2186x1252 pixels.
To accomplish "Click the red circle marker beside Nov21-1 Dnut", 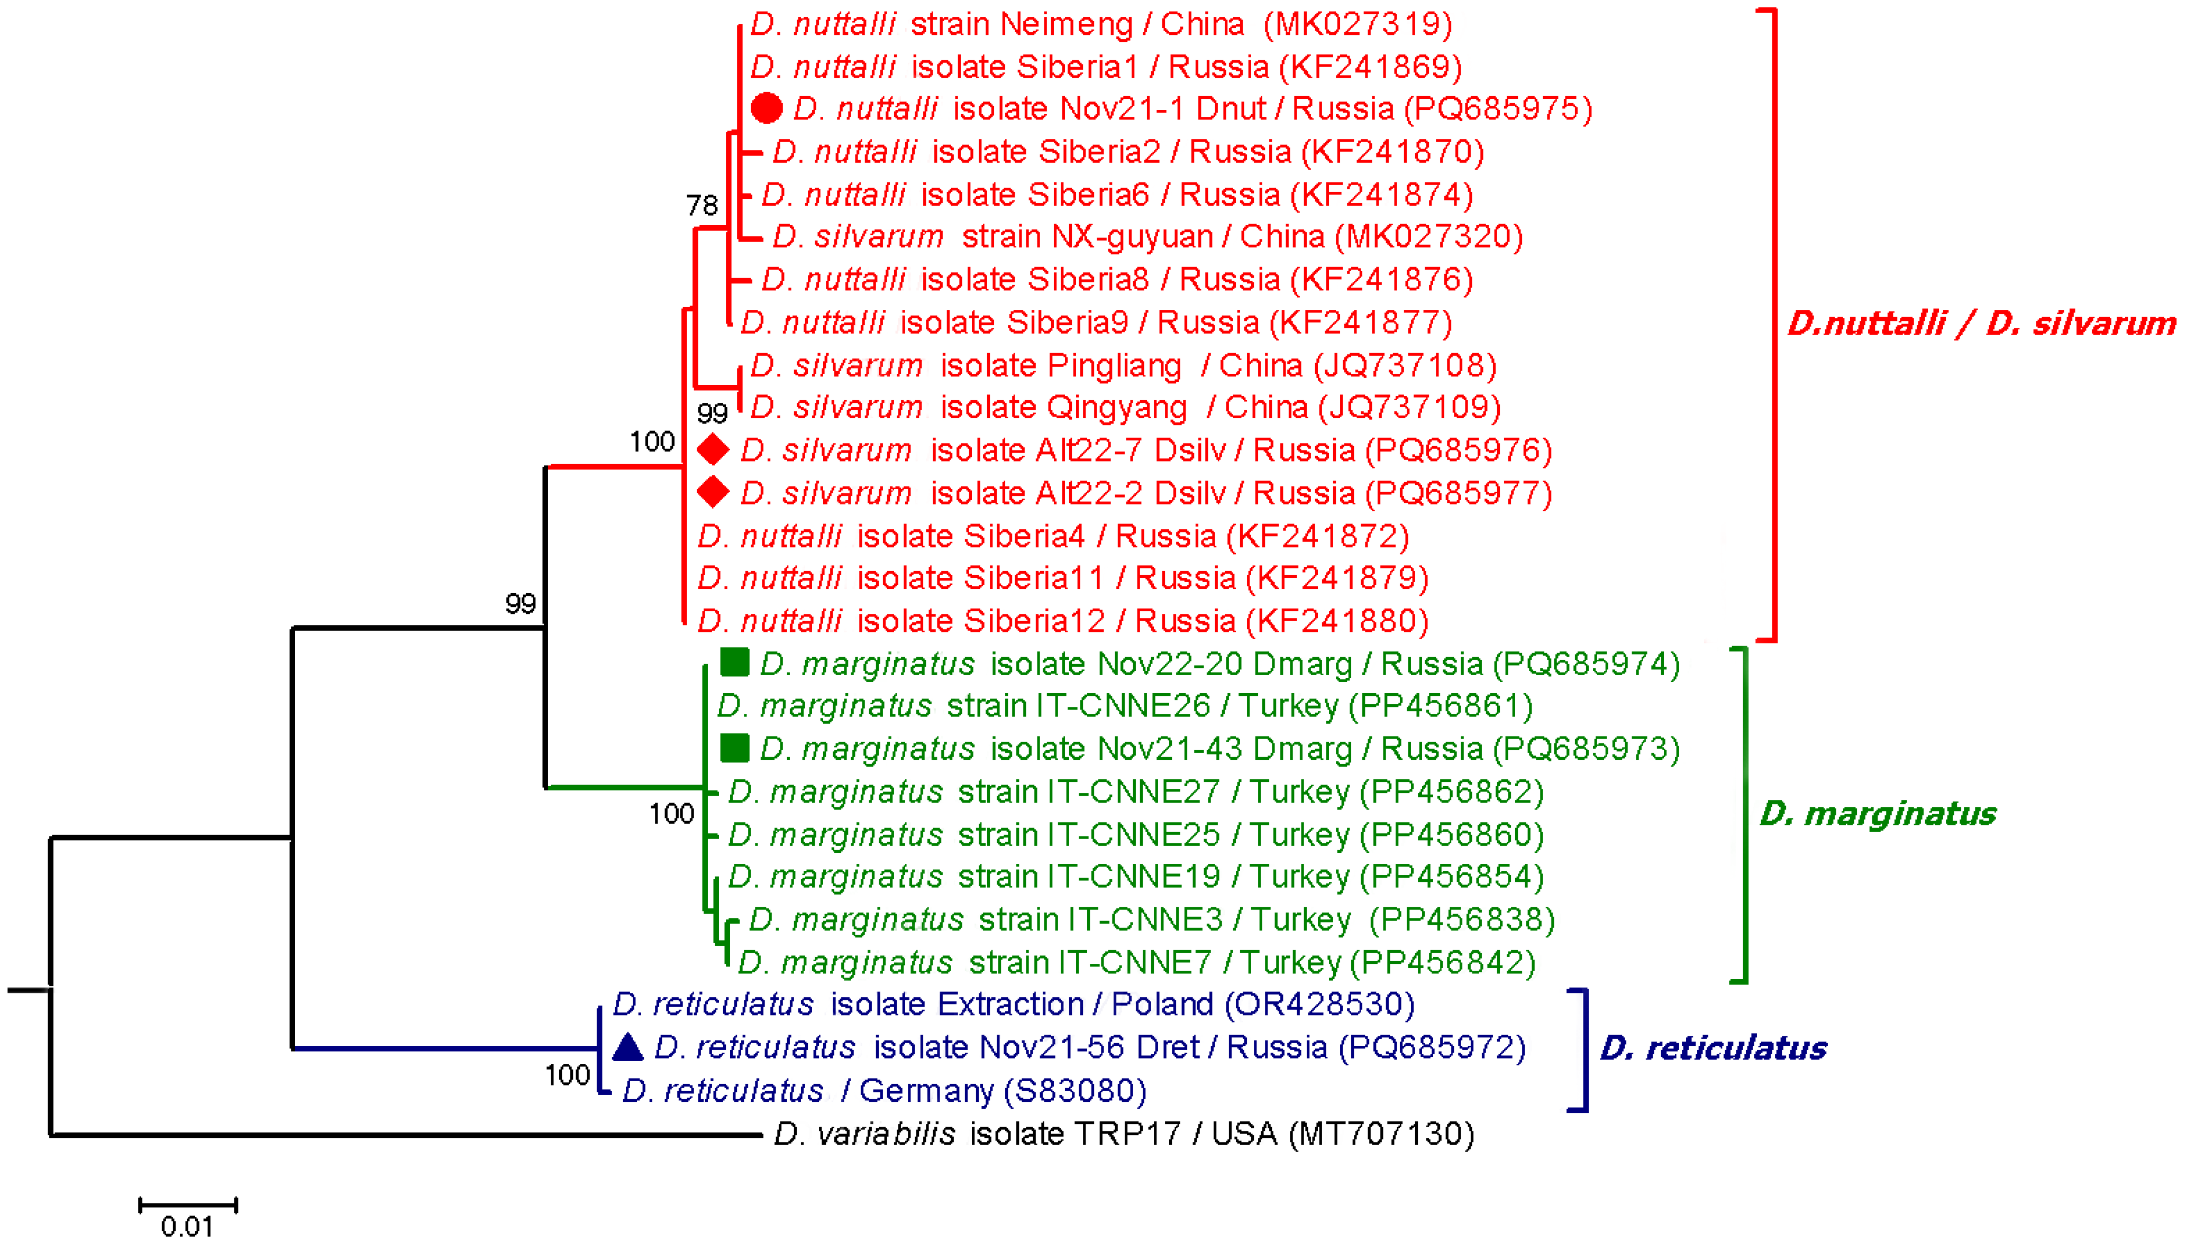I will click(x=766, y=108).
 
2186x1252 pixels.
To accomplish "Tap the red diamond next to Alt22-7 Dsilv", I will click(x=712, y=450).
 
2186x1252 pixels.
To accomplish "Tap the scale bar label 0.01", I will click(x=187, y=1226).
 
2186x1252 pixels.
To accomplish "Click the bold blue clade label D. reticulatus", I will click(x=1713, y=1048).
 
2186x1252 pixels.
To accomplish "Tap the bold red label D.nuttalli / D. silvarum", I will click(x=1980, y=324).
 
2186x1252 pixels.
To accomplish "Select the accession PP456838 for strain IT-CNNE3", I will click(x=1462, y=919).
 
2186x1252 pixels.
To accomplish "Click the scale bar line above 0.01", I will click(x=187, y=1205).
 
